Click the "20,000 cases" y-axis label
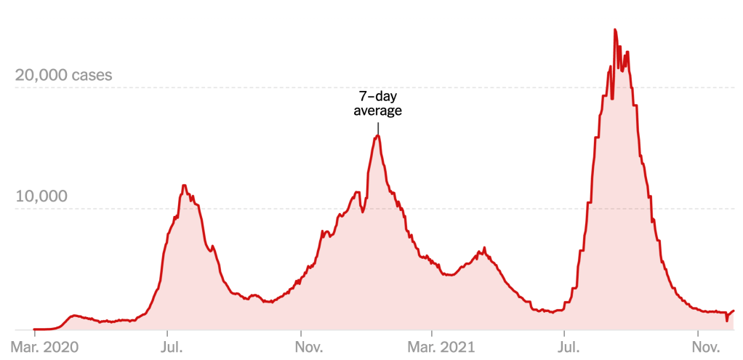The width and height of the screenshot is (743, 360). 63,76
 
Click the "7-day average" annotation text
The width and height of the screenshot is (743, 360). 377,103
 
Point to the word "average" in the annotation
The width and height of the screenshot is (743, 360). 377,111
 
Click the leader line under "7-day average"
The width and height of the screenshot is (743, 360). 377,127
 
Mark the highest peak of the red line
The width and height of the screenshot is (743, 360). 615,30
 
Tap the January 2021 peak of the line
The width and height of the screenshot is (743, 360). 377,136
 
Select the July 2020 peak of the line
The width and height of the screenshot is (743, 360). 185,185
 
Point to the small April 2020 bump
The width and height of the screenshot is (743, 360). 73,316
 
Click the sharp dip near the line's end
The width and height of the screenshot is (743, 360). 726,320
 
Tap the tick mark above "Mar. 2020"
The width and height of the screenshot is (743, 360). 34,332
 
